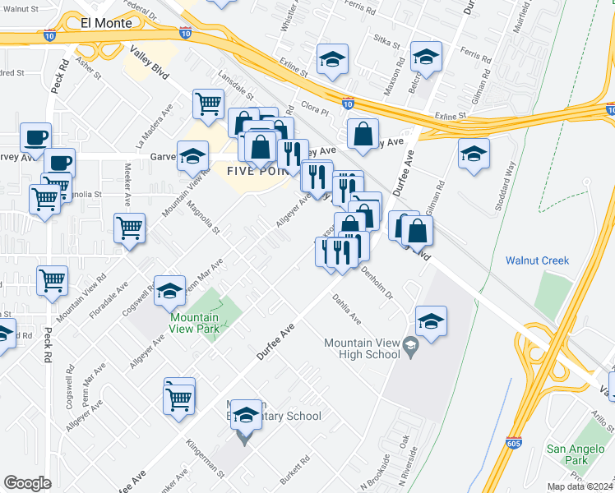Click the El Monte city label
point(106,24)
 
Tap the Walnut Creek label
point(538,260)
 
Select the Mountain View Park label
point(195,323)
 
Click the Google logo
point(27,483)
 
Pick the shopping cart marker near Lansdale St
point(209,104)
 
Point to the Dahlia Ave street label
point(347,307)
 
